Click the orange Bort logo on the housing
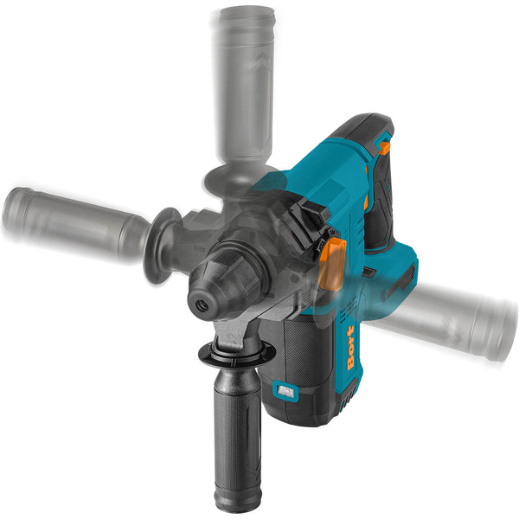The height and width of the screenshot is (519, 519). click(350, 348)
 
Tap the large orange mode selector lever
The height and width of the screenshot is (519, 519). click(332, 265)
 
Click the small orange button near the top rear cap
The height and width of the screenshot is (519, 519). click(385, 148)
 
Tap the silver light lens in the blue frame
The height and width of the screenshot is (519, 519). click(285, 392)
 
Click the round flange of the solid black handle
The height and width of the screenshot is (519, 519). click(237, 354)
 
